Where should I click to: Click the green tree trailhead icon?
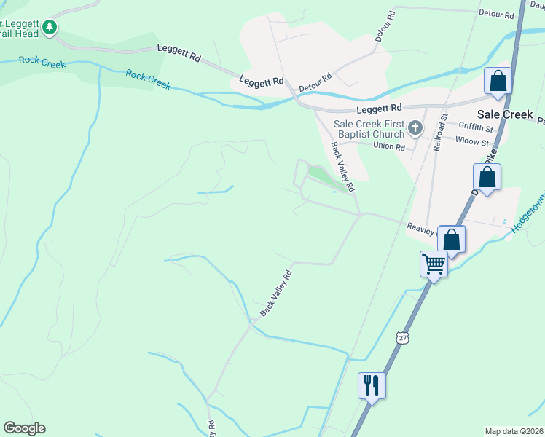point(50,28)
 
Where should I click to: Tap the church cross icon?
point(415,129)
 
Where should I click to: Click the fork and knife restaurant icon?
point(372,385)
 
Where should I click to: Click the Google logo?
point(24,428)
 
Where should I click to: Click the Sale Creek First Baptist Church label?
point(369,129)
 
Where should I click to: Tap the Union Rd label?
point(388,146)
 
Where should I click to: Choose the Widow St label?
point(472,142)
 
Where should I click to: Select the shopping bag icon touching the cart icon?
point(452,239)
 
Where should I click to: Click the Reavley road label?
point(421,229)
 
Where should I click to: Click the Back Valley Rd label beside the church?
point(342,167)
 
